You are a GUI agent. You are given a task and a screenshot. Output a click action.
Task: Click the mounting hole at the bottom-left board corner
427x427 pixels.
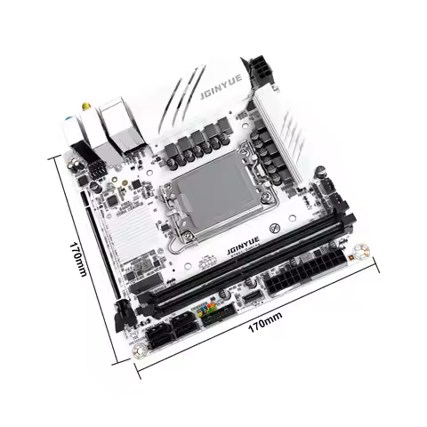(x=139, y=350)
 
